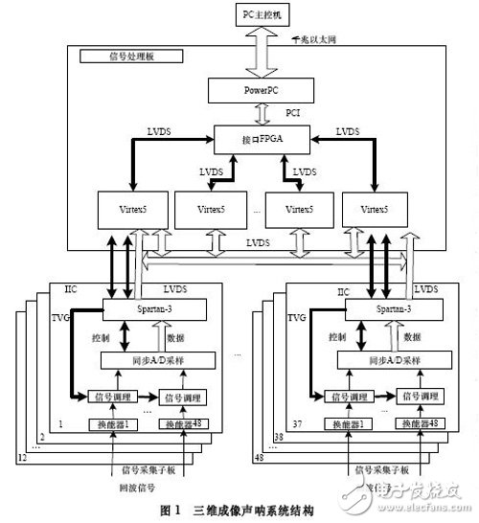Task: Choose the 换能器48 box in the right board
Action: pos(414,424)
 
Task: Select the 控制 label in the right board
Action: pos(337,337)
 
